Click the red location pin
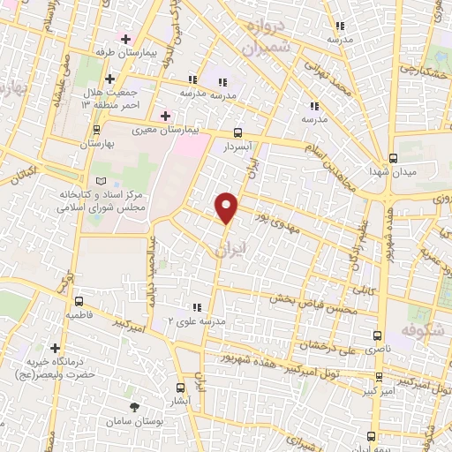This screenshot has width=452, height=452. point(227,206)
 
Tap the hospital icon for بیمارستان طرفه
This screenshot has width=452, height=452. point(125,39)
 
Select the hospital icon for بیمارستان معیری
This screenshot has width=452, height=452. point(164,114)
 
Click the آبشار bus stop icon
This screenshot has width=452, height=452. point(181,388)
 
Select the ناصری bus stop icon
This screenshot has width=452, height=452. point(378,335)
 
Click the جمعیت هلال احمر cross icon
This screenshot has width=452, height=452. point(109,79)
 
